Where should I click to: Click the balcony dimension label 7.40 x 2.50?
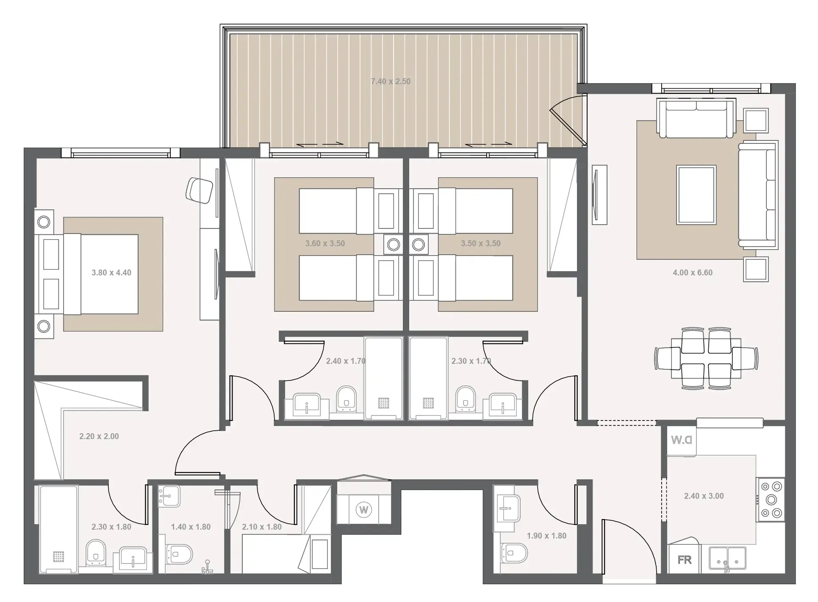click(391, 81)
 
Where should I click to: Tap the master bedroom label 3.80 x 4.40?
click(111, 273)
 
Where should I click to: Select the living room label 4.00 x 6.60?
click(693, 273)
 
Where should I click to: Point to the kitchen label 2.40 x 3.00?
click(704, 496)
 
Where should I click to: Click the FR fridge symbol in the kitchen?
click(685, 560)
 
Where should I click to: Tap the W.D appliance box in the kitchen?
click(682, 440)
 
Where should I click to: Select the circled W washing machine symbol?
click(363, 509)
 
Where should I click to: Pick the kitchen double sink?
click(727, 560)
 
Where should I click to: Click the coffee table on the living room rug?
click(696, 195)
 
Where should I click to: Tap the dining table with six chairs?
click(706, 358)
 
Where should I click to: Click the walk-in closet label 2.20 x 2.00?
click(99, 437)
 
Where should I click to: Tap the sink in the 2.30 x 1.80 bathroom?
click(133, 560)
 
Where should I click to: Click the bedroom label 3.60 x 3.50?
click(325, 244)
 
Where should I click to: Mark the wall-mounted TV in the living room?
click(599, 195)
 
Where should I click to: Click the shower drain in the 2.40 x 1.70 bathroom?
click(383, 403)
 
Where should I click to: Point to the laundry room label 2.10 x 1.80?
click(262, 527)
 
